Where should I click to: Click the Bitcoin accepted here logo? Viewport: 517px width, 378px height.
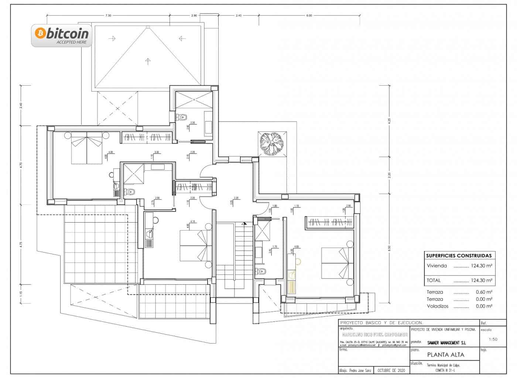62,35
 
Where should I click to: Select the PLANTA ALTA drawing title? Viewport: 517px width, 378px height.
446,355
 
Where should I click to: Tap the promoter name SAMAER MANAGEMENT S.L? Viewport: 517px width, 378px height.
446,343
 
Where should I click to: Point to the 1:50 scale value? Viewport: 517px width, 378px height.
493,340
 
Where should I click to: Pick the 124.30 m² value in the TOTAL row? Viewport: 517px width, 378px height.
482,280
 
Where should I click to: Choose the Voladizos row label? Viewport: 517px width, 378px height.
438,306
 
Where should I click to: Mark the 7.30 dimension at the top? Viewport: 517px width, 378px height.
108,16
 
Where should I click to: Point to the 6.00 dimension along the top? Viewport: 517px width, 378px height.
309,16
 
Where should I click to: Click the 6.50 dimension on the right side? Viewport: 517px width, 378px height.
389,248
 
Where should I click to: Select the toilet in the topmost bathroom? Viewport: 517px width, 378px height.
182,117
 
